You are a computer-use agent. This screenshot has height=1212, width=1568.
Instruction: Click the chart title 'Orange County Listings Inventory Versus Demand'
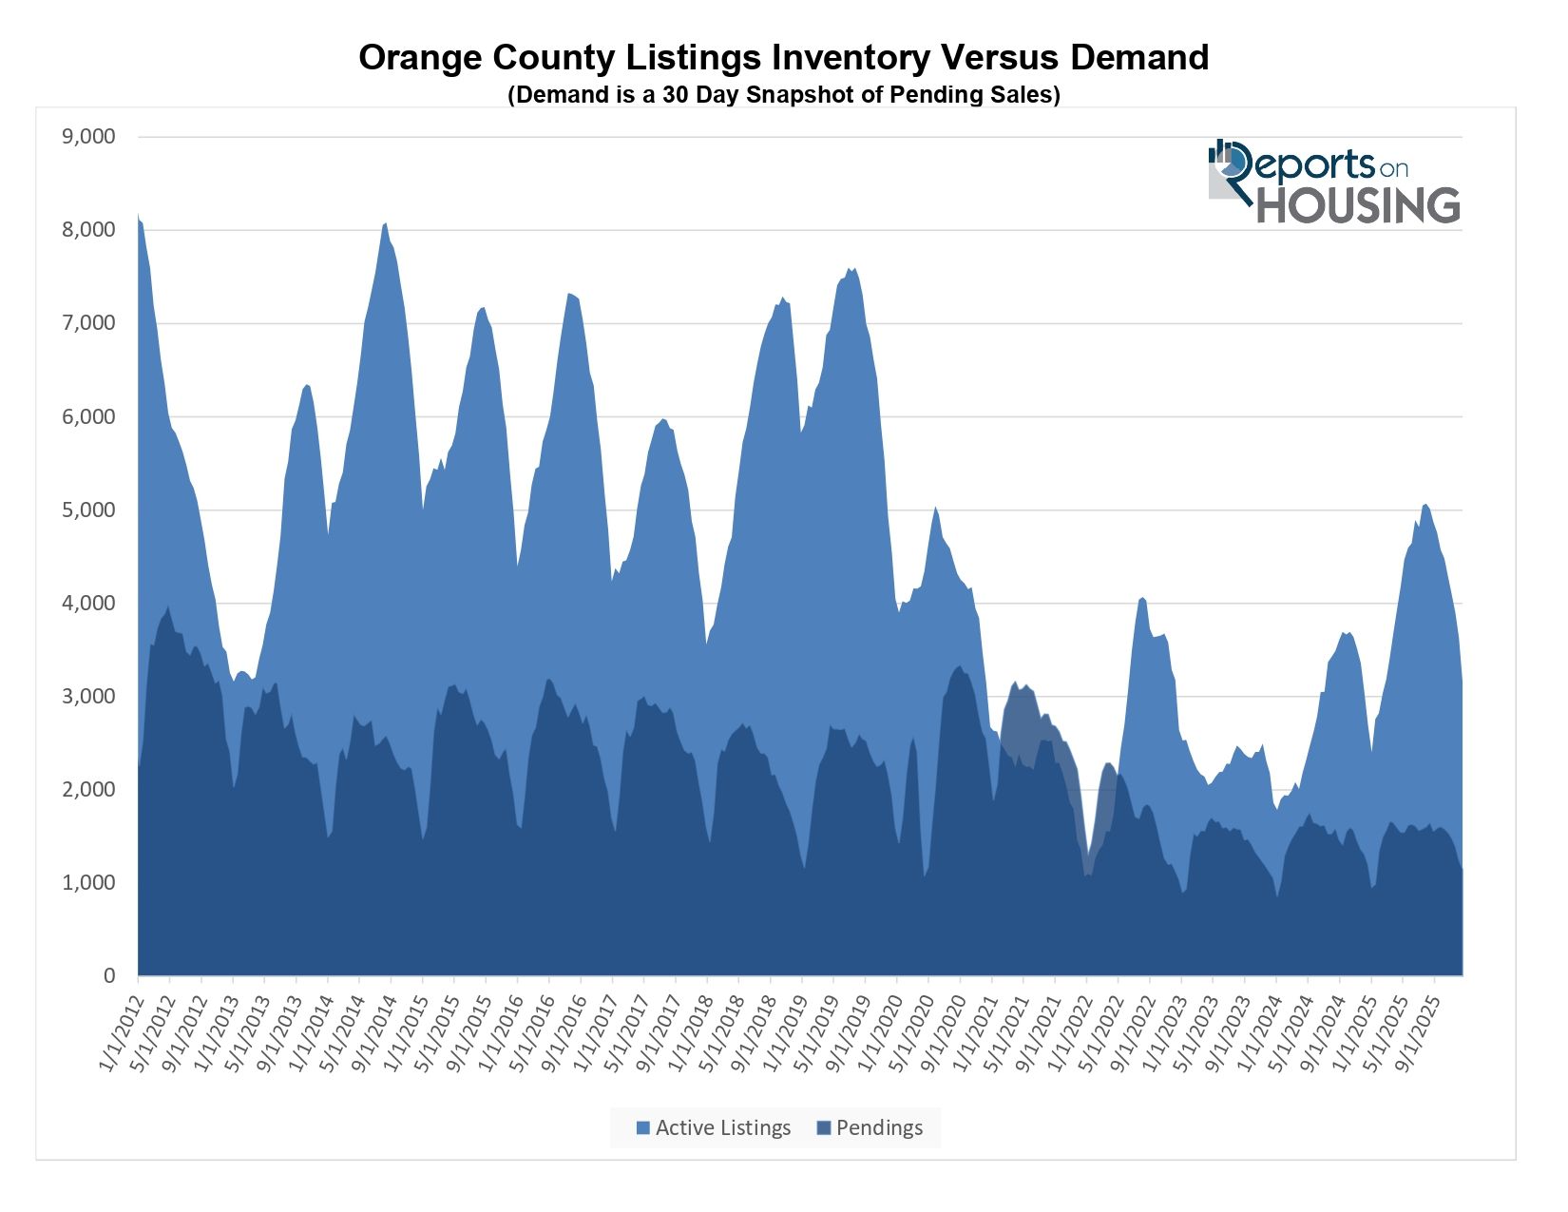coord(783,58)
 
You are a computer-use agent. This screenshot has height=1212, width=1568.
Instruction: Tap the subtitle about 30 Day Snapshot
coord(783,95)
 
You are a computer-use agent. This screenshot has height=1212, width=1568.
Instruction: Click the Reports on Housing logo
coord(1333,182)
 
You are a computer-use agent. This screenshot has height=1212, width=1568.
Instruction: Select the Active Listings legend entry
coord(713,1127)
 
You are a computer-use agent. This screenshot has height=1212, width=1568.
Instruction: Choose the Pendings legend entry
coord(870,1127)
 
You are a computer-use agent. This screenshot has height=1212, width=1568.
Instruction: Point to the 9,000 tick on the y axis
coord(88,137)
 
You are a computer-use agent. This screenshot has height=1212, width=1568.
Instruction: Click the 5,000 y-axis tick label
coord(88,510)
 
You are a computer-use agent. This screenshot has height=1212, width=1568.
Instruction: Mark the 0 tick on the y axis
coord(109,976)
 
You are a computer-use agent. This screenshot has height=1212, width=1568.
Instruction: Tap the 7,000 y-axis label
coord(88,323)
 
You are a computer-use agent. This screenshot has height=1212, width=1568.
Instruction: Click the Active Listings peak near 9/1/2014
coord(385,223)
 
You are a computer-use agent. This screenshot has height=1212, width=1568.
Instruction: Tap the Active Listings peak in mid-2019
coord(853,269)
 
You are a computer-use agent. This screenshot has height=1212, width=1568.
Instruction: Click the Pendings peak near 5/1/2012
coord(168,607)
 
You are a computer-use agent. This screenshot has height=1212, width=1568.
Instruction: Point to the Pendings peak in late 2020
coord(960,666)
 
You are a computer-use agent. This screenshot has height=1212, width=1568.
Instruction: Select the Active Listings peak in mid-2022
coord(1142,598)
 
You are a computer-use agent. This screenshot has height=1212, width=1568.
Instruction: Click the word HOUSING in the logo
coord(1358,205)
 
